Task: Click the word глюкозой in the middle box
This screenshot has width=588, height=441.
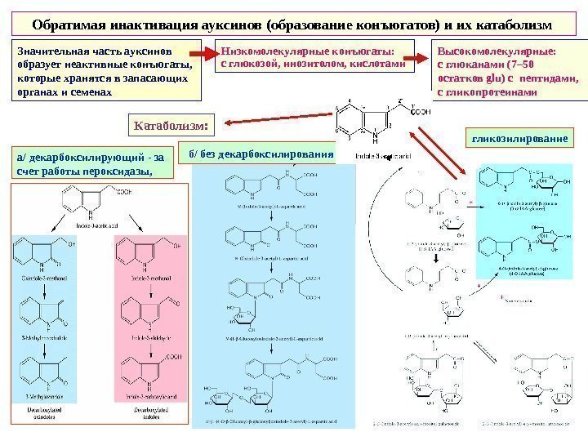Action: point(251,62)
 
